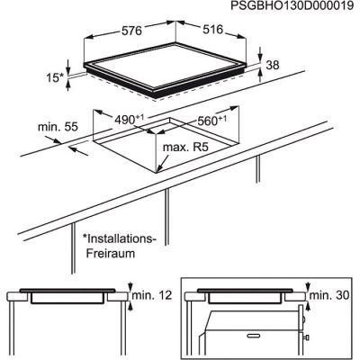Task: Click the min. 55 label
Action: pos(56,128)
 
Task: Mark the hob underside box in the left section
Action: pos(67,300)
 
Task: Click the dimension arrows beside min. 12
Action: pos(131,297)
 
